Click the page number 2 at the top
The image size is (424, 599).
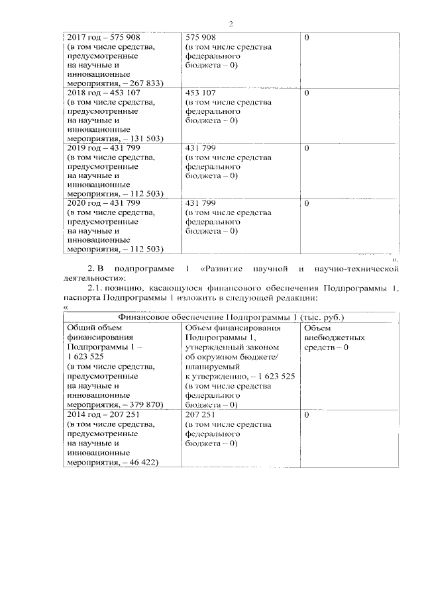[x=231, y=24]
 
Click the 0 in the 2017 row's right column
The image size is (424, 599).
[x=307, y=38]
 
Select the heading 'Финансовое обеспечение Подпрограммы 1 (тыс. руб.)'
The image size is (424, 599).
[x=231, y=317]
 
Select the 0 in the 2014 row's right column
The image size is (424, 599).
[x=307, y=414]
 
